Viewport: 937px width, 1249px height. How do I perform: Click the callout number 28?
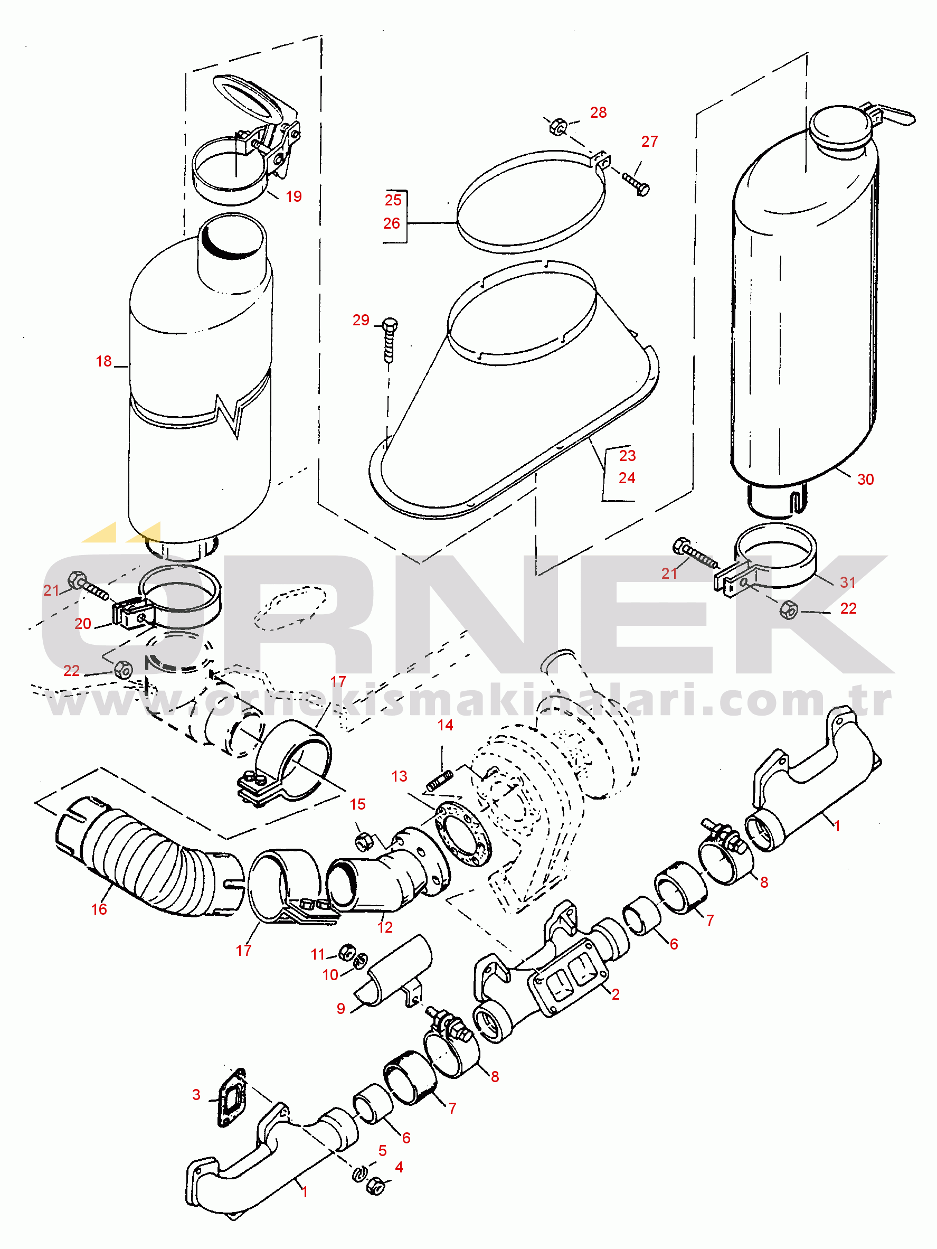tap(598, 112)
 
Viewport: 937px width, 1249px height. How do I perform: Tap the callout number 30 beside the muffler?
tap(865, 480)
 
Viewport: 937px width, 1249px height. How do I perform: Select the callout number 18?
tap(104, 361)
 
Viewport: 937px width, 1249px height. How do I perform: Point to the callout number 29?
tap(361, 320)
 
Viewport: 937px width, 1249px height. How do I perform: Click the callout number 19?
tap(294, 196)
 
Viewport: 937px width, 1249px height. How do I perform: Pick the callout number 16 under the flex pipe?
tap(99, 909)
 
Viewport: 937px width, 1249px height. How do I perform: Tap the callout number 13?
tap(399, 776)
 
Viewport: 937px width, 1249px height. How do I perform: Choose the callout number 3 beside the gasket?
tap(196, 1095)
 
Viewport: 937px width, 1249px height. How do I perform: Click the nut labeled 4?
tap(375, 1185)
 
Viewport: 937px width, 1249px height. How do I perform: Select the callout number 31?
tap(848, 582)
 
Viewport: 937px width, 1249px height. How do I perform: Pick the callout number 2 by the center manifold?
tap(616, 994)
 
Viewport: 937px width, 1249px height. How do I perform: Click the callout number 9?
tap(341, 1009)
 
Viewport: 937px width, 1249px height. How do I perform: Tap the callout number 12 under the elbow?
tap(385, 927)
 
